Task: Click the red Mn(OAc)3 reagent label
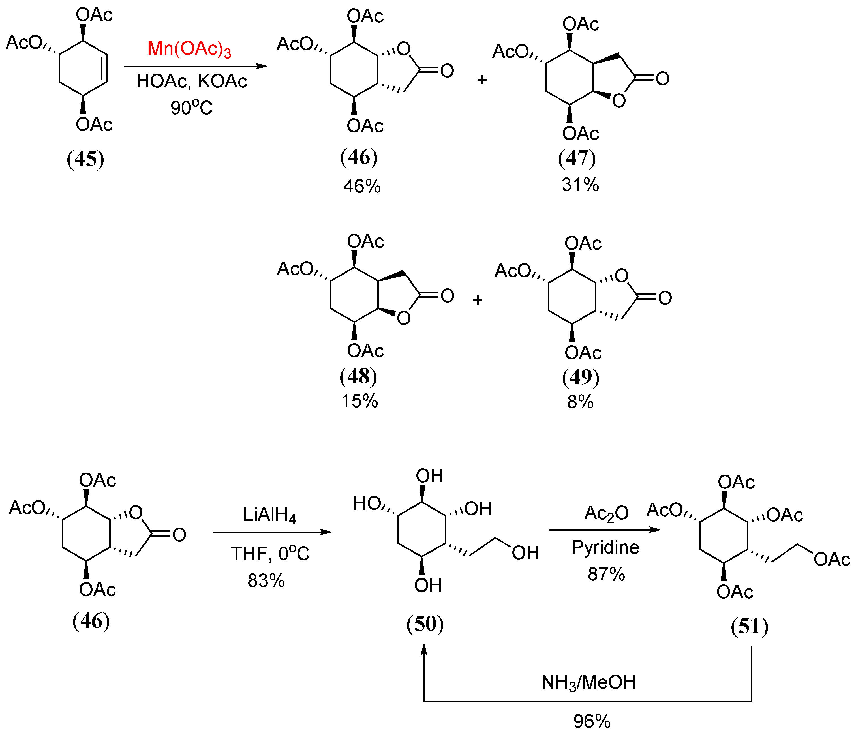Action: [x=189, y=49]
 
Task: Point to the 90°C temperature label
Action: [x=191, y=108]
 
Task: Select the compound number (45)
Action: [x=85, y=159]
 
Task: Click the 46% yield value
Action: [x=361, y=186]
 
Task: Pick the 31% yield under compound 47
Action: [x=580, y=185]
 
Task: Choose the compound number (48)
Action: [x=358, y=376]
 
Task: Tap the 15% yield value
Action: [x=359, y=401]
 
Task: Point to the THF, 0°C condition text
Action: [x=270, y=554]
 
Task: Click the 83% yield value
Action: [x=266, y=580]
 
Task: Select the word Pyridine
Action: [x=605, y=547]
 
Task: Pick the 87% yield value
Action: [x=606, y=574]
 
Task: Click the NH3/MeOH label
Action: [x=588, y=683]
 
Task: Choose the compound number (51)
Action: [x=749, y=626]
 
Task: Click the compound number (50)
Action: [x=425, y=624]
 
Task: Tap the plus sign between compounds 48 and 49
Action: [x=478, y=300]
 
